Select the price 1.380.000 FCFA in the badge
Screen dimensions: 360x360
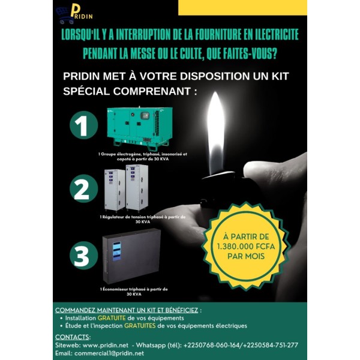click(x=242, y=245)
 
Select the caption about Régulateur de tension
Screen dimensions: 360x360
click(x=142, y=218)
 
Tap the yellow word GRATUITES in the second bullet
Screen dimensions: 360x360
click(x=140, y=325)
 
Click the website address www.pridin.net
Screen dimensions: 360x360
click(x=107, y=345)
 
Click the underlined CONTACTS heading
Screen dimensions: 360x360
click(x=73, y=337)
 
